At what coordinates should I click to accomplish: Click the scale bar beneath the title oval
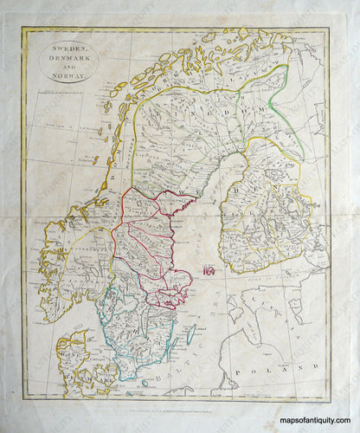(69, 89)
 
